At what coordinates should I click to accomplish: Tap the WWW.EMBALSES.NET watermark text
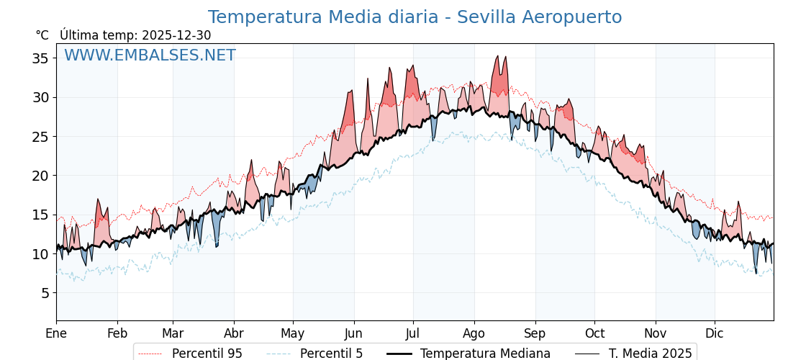click(150, 55)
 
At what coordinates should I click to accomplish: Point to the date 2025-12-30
click(176, 35)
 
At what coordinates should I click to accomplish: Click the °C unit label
click(42, 35)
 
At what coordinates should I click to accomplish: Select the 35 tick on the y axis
click(40, 58)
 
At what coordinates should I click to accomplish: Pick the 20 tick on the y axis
click(40, 176)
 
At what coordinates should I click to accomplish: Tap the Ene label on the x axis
click(56, 333)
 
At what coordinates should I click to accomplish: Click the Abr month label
click(234, 333)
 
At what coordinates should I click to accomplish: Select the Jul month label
click(413, 333)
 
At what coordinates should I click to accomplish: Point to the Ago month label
click(474, 333)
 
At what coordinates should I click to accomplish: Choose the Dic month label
click(715, 333)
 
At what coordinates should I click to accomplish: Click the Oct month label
click(594, 333)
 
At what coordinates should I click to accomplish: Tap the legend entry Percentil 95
click(207, 354)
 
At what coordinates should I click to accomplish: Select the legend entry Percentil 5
click(331, 354)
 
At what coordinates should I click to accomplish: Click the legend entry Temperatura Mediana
click(485, 354)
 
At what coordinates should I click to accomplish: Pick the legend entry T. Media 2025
click(650, 354)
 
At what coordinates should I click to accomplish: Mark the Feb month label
click(117, 333)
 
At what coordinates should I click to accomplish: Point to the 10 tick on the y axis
click(40, 254)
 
